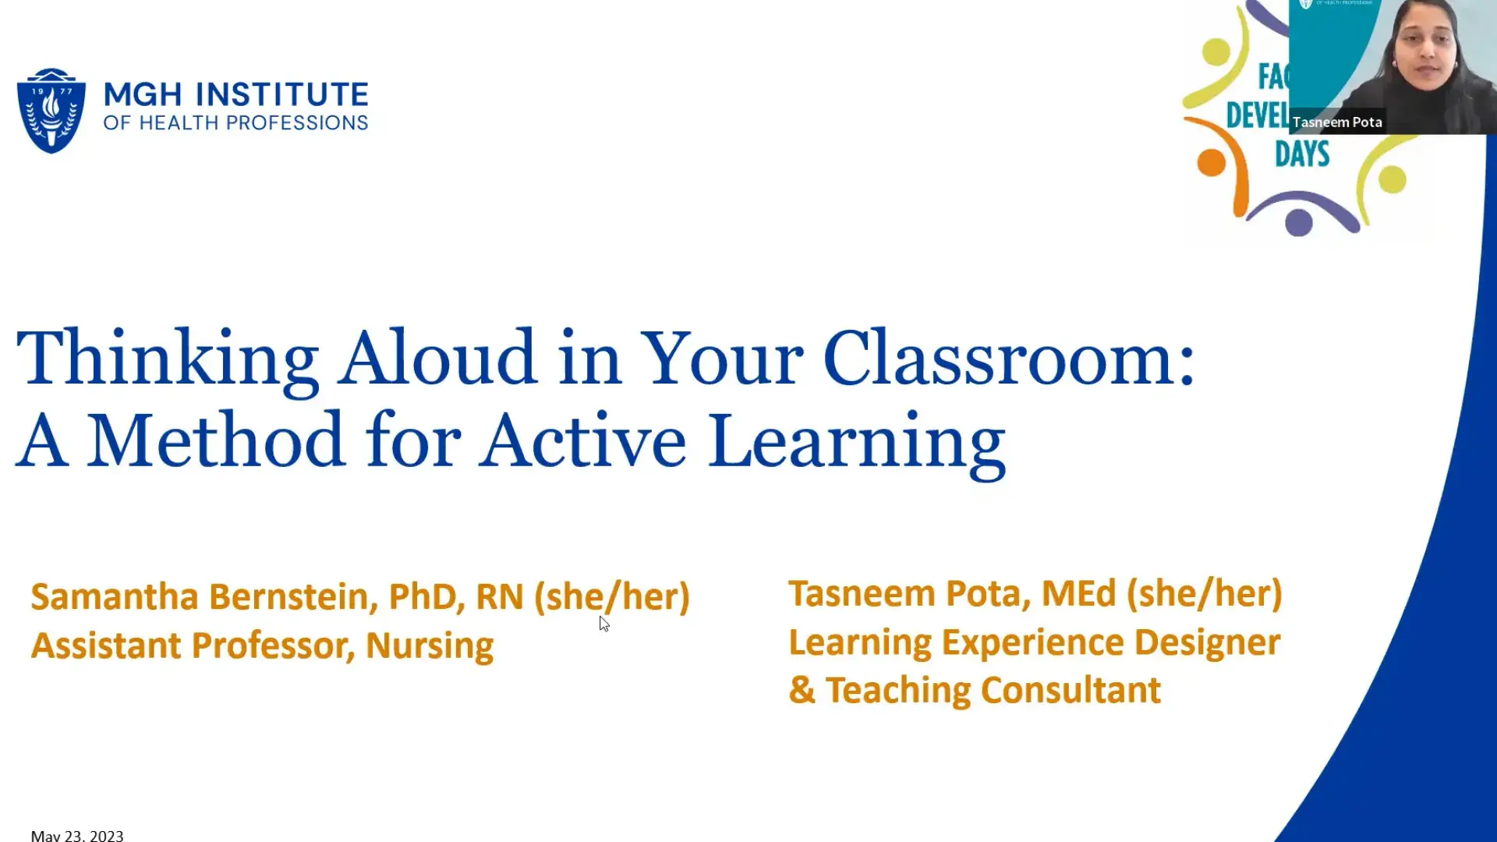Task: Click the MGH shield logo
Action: coord(51,110)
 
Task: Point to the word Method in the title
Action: coord(215,441)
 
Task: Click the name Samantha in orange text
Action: coord(115,596)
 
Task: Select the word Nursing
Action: coord(430,646)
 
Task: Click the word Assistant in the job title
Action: coord(107,646)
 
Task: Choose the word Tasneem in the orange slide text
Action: coord(862,593)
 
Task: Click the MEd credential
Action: coord(1078,593)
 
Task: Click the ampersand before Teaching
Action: coord(802,691)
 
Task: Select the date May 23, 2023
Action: coord(77,835)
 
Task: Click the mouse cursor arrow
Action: coord(604,623)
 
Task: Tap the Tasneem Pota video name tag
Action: coord(1336,122)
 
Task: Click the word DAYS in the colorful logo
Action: coord(1302,154)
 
